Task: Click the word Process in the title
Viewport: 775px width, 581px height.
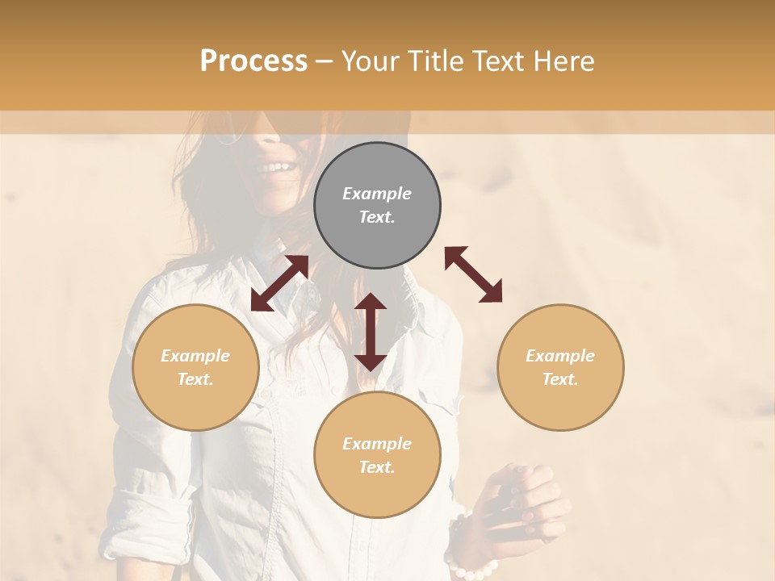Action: [x=253, y=61]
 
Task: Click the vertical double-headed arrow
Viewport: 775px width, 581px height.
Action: [x=371, y=332]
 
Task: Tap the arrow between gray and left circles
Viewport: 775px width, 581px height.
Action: [x=279, y=283]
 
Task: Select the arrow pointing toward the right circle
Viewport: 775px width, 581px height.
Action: [x=474, y=274]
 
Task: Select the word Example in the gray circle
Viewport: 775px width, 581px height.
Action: [x=377, y=194]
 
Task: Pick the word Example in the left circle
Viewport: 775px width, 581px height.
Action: [x=195, y=356]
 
